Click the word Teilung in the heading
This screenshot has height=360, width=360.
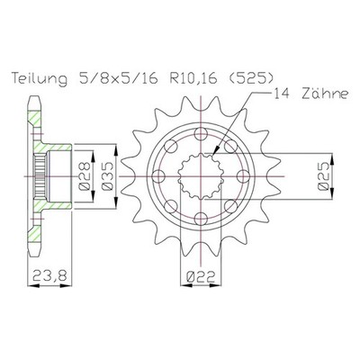(x=40, y=78)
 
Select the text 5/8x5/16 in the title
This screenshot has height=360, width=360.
(x=116, y=78)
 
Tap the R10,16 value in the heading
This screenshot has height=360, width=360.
(x=193, y=79)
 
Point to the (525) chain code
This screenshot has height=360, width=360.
(x=251, y=78)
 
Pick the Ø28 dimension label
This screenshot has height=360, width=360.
(x=84, y=176)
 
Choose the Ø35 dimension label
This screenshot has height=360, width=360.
(x=107, y=176)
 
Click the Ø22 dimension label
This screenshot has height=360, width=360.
(x=201, y=276)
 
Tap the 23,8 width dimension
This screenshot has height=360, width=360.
(x=49, y=275)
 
